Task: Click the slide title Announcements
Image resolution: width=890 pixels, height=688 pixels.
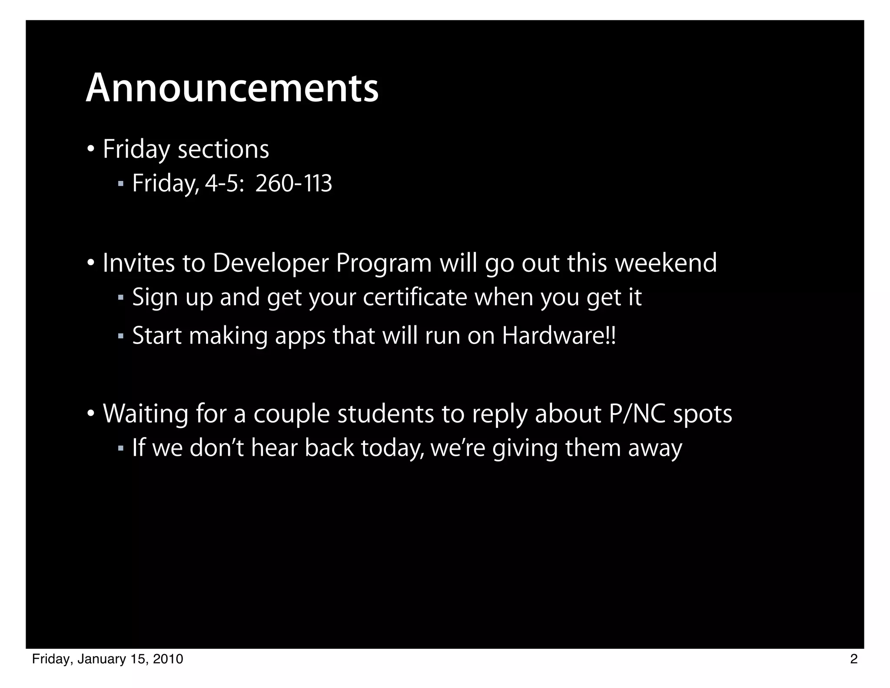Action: (232, 88)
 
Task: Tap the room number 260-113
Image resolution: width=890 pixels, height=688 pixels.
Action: (294, 184)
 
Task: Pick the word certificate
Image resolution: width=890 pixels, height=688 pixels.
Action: (415, 297)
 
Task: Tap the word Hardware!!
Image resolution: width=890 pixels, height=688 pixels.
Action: (559, 336)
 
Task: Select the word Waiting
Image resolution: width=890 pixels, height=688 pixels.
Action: (146, 414)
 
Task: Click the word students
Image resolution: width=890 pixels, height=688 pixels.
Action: (385, 414)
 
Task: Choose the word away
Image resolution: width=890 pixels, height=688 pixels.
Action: (655, 448)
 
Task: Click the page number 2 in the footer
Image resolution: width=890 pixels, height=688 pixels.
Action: (853, 659)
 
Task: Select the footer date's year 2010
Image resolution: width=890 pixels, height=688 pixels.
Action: (168, 659)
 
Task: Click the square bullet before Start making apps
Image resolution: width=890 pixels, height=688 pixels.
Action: (121, 336)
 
